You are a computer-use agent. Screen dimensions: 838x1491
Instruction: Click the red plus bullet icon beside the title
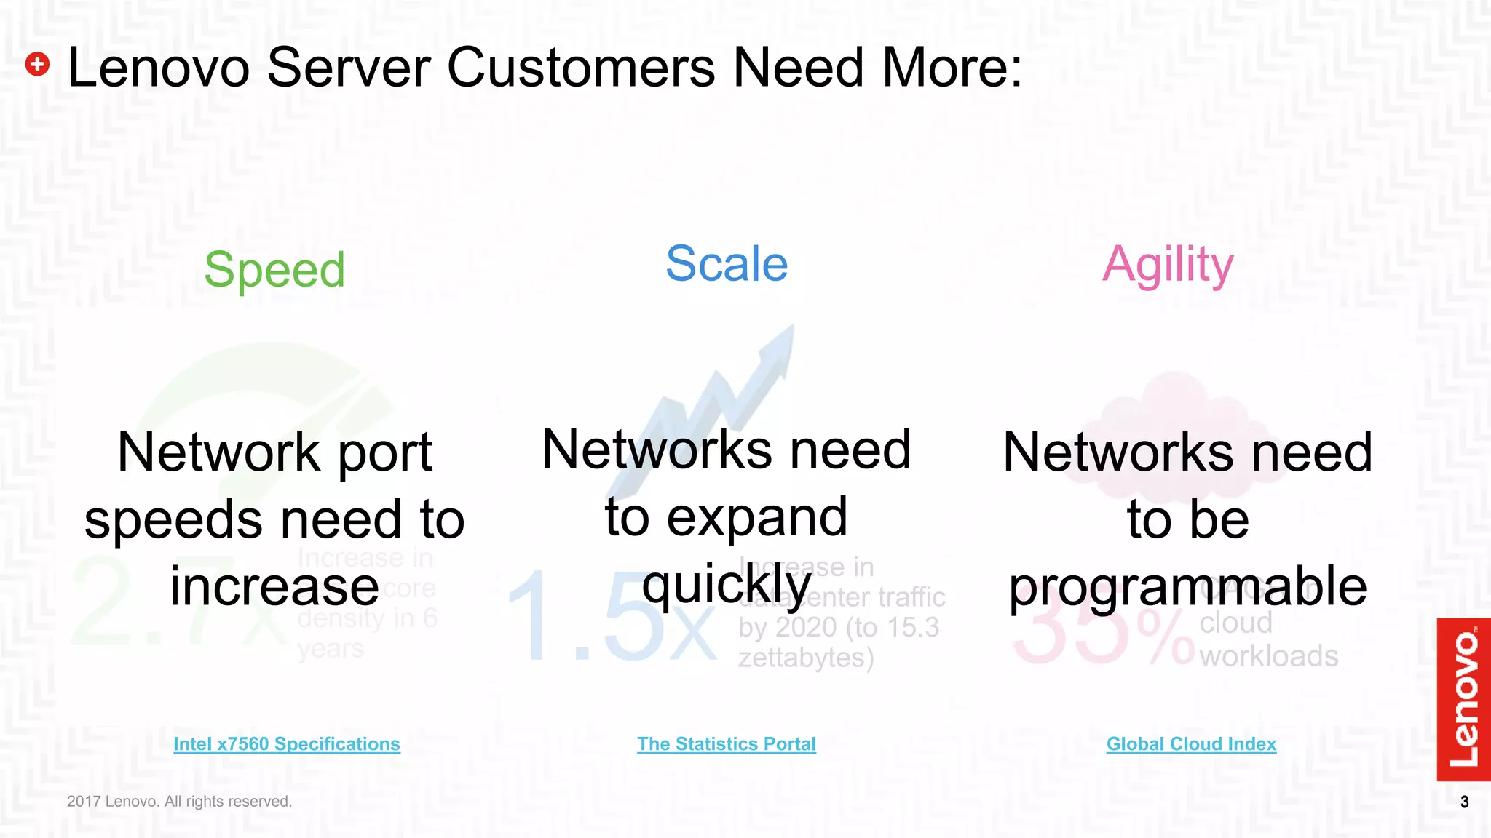(x=37, y=64)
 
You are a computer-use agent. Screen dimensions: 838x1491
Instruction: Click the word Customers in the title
(x=580, y=68)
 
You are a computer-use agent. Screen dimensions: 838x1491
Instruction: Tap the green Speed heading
(x=274, y=270)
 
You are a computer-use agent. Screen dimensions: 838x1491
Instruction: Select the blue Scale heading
(x=727, y=263)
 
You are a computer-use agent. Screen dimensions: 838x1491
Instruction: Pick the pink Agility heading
(x=1168, y=265)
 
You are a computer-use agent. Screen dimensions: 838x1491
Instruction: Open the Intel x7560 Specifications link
(x=287, y=743)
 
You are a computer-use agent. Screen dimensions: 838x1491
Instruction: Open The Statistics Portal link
(x=727, y=743)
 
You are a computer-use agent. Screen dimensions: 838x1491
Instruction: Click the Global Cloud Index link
(x=1191, y=743)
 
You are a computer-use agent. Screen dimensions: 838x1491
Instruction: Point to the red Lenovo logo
(x=1463, y=699)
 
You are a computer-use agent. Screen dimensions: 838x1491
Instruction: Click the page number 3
(x=1464, y=802)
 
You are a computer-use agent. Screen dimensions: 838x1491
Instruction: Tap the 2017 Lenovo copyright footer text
(x=179, y=801)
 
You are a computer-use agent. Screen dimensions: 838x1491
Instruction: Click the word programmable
(x=1187, y=586)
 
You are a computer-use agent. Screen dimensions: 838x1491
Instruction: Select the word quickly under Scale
(x=726, y=584)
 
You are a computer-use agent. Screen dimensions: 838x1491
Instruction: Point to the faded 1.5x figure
(x=612, y=617)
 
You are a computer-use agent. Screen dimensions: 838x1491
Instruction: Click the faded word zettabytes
(x=805, y=658)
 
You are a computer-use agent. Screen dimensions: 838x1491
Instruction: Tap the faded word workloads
(x=1268, y=656)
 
